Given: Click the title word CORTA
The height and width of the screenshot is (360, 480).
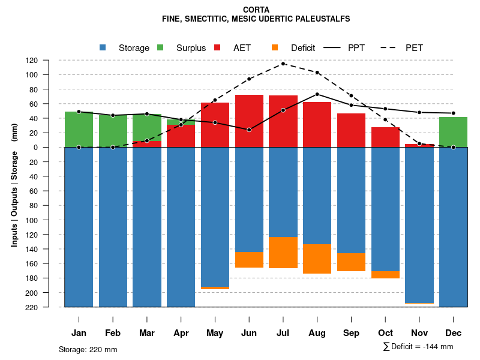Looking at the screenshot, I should point(256,10).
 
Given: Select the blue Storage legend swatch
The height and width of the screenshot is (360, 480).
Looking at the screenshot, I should point(103,47).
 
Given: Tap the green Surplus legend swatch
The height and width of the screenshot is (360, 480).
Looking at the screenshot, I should point(160,47).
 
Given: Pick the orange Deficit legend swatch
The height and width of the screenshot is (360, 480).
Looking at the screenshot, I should point(275,47).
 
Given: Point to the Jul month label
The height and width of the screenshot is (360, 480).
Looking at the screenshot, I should point(283,333).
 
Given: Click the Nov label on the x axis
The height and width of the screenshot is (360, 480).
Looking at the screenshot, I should point(419,333).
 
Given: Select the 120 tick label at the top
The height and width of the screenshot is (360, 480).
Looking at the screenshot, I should point(49,61).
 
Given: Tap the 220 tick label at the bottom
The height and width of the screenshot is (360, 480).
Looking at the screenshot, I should point(49,307).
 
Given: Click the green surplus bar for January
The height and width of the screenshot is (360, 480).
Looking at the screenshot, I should point(79,130).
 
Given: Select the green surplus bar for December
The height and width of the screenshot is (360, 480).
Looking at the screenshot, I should point(454,132).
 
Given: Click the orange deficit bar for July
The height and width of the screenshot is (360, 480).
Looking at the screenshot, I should point(283,253).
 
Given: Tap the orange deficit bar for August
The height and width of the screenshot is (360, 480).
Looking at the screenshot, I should point(317,259).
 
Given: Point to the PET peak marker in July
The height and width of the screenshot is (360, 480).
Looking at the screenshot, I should point(283,64).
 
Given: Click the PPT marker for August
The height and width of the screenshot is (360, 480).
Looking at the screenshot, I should point(317,94).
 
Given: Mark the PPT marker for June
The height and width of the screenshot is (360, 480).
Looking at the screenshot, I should point(249,130).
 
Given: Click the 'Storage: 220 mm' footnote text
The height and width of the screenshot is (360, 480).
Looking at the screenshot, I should point(88,349).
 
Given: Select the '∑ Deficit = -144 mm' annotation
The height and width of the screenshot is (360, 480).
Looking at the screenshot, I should point(418,347).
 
